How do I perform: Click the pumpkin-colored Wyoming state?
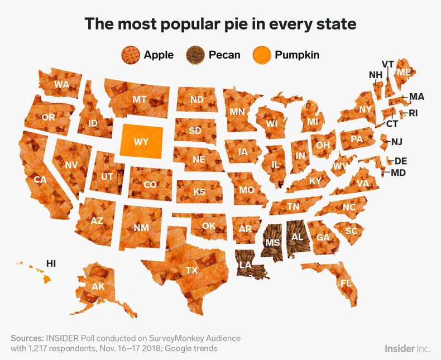141,142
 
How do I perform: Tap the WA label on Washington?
61,84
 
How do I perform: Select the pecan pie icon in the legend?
196,55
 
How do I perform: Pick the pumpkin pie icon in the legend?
261,55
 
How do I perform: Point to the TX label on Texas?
191,271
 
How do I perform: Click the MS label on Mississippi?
272,242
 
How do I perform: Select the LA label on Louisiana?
245,265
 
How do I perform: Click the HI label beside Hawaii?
51,263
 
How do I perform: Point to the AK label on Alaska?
98,286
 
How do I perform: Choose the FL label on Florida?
346,283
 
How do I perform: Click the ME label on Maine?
404,72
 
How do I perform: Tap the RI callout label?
413,113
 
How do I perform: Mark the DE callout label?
401,161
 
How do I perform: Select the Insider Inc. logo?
406,348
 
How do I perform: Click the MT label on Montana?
140,99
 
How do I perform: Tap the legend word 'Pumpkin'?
298,55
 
